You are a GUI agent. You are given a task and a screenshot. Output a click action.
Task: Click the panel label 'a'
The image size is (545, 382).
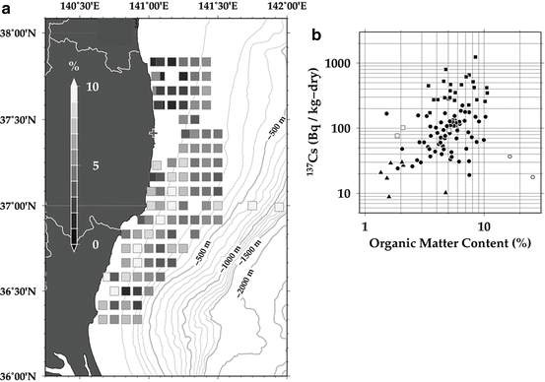tap(7, 9)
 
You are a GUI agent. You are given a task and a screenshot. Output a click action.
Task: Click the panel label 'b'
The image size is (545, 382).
tap(317, 38)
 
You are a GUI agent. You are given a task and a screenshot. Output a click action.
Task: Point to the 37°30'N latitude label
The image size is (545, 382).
tap(24, 120)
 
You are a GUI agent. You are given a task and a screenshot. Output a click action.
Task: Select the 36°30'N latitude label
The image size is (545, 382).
tap(24, 292)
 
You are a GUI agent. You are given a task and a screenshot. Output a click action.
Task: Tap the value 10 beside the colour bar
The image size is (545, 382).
tap(93, 87)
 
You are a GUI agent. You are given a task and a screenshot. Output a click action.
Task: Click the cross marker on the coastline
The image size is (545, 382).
tap(152, 132)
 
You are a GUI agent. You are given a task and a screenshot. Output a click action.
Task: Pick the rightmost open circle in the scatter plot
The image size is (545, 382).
tap(532, 177)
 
